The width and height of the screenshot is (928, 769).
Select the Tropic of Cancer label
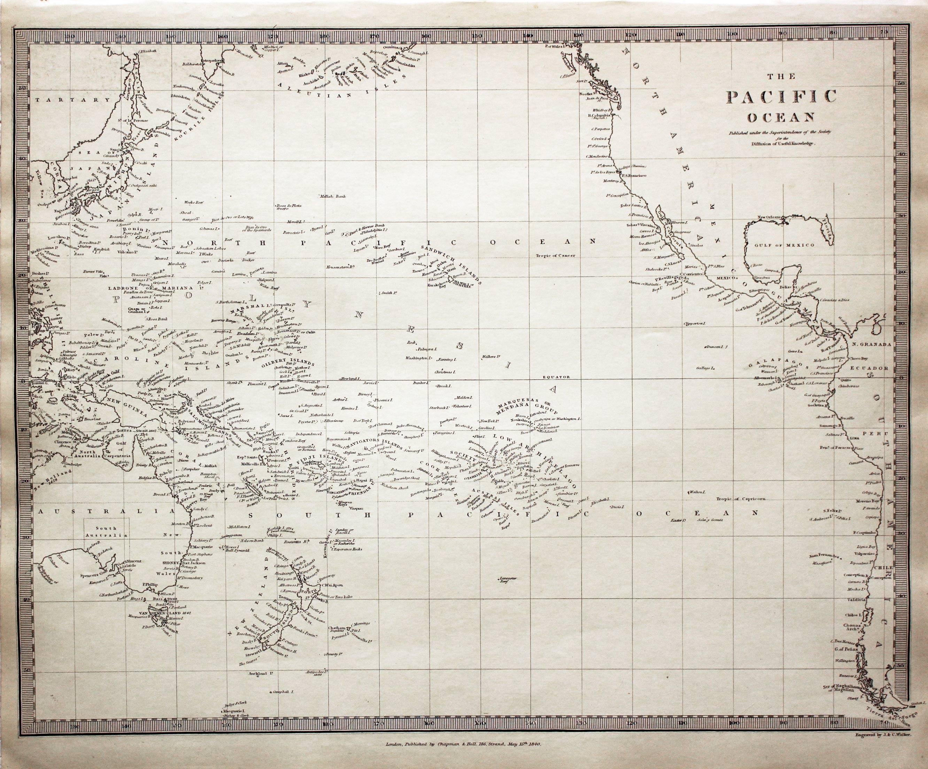[556, 255]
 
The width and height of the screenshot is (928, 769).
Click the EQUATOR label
[557, 377]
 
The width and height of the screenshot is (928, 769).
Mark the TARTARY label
[73, 100]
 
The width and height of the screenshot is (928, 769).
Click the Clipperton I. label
[695, 323]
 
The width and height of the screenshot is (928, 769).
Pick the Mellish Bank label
[334, 196]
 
